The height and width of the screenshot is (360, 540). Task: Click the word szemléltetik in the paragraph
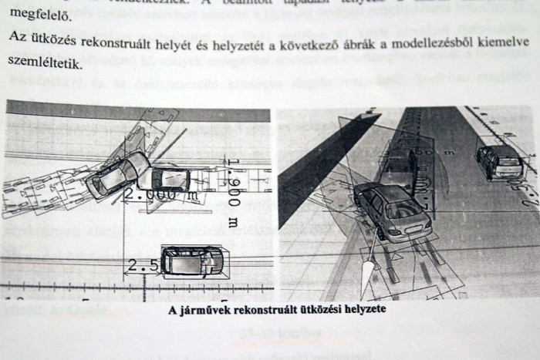coord(43,68)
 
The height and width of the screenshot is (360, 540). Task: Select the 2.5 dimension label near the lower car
coord(142,266)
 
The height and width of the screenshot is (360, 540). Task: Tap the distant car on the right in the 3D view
coord(498,160)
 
